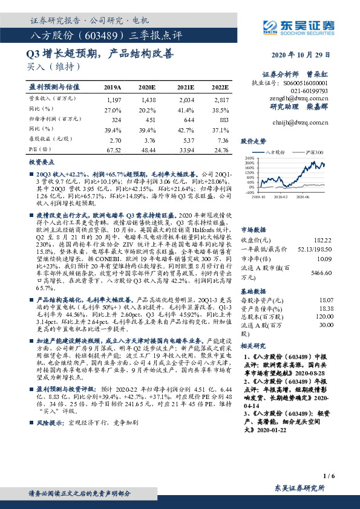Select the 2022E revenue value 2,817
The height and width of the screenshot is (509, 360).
click(221, 99)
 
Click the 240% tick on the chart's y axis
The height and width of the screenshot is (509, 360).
click(247, 158)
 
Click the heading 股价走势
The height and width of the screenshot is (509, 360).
click(253, 140)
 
